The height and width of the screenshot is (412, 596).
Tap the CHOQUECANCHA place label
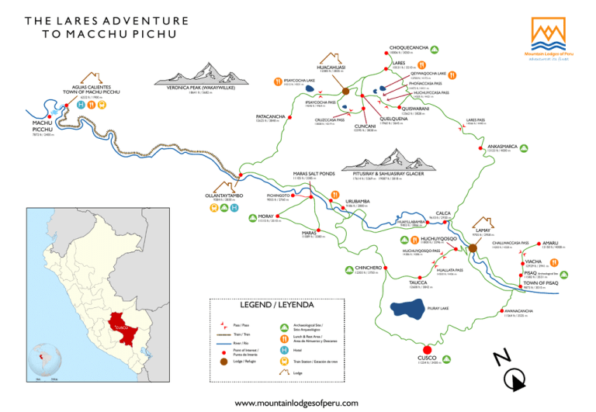(409, 48)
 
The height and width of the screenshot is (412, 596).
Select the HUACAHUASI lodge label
(331, 67)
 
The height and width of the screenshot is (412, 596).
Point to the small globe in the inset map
(45, 359)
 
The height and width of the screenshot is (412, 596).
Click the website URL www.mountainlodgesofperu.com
(297, 403)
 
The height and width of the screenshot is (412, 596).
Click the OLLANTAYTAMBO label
(224, 196)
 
